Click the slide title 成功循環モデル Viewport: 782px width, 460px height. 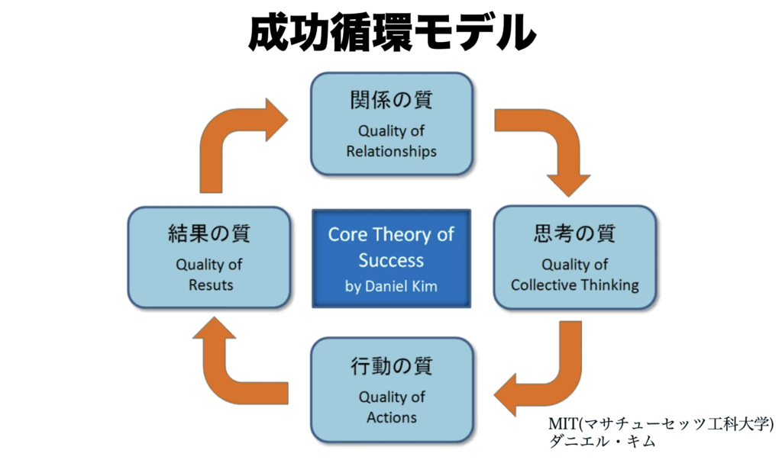(x=391, y=32)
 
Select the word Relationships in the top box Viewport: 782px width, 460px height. (x=391, y=151)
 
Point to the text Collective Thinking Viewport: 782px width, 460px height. (x=574, y=285)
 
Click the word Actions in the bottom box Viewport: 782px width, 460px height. (x=391, y=417)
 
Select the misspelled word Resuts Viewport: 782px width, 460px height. (x=208, y=285)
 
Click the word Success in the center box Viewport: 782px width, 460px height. (x=391, y=260)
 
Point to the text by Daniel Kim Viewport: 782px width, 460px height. (x=391, y=288)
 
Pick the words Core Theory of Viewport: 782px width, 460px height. (x=391, y=235)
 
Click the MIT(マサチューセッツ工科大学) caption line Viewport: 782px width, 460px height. (x=661, y=423)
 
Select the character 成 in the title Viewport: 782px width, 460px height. (x=270, y=32)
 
